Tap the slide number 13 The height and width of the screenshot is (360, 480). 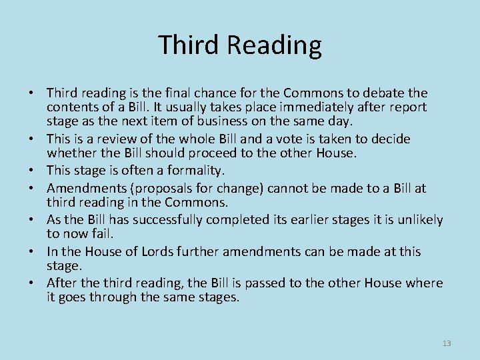tap(447, 343)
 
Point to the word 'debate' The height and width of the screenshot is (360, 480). tap(381, 93)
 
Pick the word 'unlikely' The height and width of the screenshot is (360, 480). tap(420, 220)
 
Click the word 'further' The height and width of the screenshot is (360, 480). tap(183, 252)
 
